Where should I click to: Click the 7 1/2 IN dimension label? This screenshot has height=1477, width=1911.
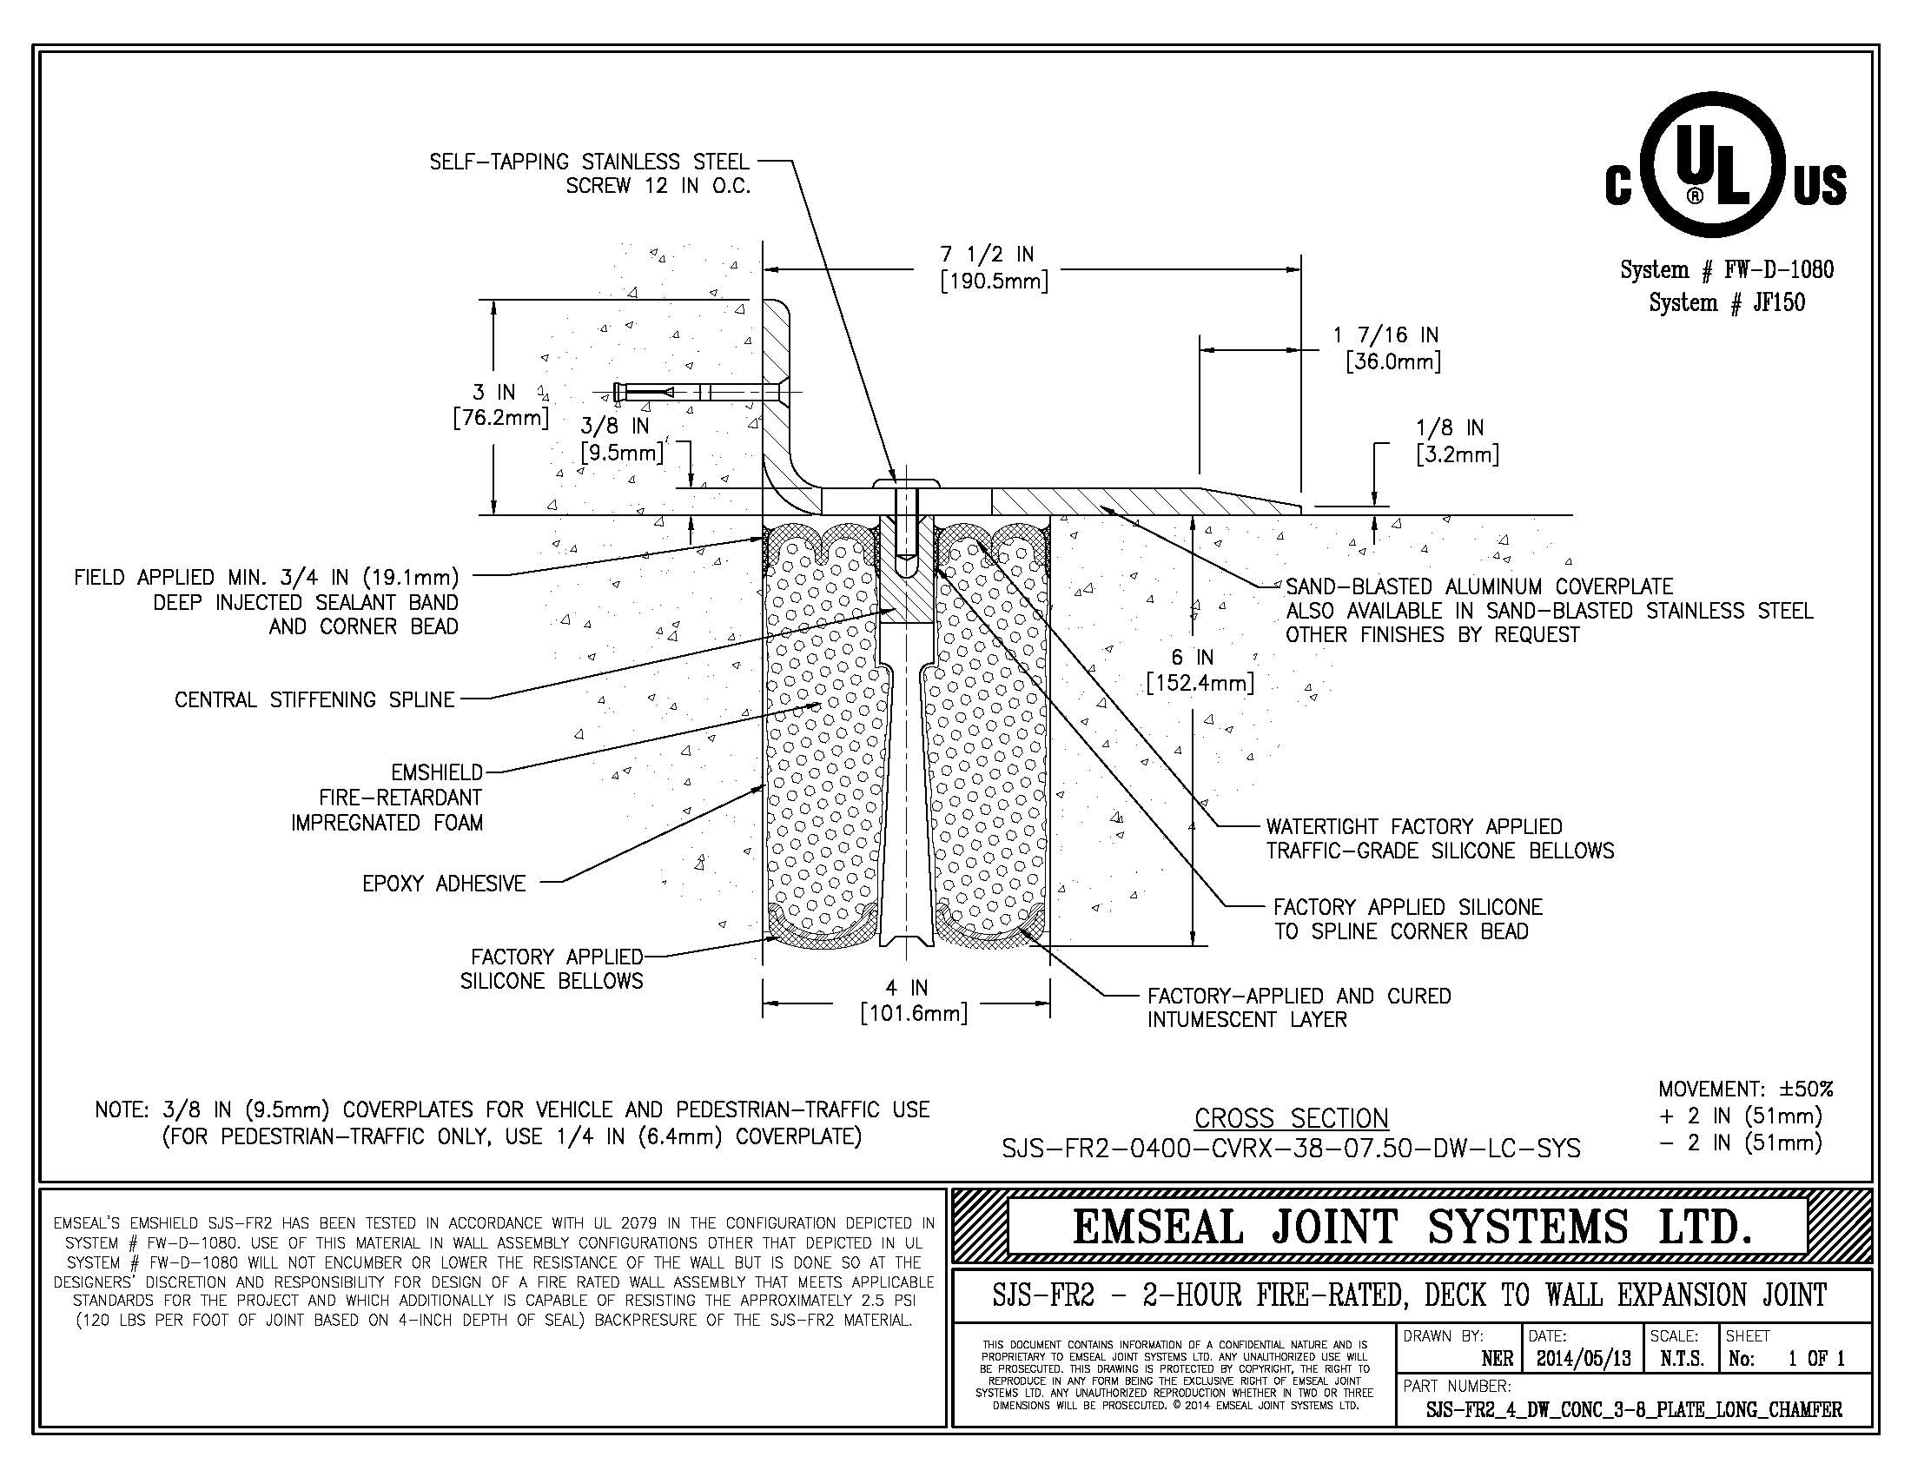(x=994, y=268)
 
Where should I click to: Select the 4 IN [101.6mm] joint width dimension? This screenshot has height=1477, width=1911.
(x=914, y=1000)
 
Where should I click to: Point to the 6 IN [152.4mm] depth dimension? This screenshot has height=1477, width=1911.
(x=1200, y=669)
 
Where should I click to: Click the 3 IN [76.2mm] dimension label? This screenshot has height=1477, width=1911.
(x=500, y=404)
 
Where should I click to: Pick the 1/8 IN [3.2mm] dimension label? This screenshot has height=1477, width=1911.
(x=1457, y=441)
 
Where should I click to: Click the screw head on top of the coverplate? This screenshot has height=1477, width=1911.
(x=906, y=483)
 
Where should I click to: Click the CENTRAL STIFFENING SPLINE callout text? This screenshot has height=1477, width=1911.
(x=315, y=700)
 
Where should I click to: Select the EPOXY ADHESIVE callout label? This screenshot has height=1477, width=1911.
(x=445, y=884)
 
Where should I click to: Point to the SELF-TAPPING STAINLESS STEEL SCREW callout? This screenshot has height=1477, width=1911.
(x=590, y=173)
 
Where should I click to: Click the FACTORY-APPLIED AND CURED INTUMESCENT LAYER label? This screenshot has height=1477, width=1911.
(x=1299, y=1008)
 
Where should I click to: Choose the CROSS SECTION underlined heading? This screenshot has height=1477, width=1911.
(x=1292, y=1118)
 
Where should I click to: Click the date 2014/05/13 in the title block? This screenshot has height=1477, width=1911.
(x=1584, y=1359)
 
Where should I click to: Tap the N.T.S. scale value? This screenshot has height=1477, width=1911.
(x=1682, y=1359)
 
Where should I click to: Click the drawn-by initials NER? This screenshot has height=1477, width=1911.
(x=1498, y=1359)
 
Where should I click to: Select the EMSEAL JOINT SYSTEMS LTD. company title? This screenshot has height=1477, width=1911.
(x=1412, y=1226)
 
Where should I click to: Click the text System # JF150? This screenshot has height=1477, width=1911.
(x=1727, y=302)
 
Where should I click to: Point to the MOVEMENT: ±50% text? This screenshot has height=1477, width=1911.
(x=1746, y=1090)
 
